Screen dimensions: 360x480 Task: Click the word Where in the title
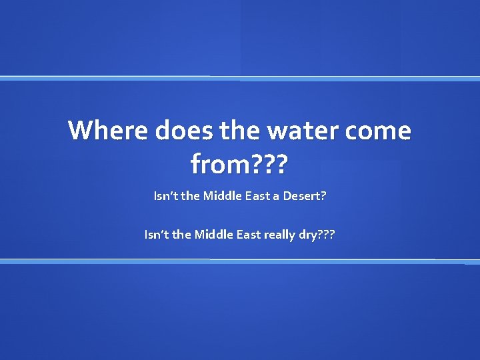click(109, 130)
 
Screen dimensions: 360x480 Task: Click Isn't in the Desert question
click(165, 196)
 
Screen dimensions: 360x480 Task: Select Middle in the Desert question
click(223, 196)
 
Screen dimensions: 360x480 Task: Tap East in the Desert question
click(257, 196)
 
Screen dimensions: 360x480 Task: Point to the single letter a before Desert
click(276, 196)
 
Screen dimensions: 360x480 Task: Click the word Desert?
click(304, 196)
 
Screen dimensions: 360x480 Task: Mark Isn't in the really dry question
click(156, 235)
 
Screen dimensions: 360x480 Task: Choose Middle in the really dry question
click(213, 235)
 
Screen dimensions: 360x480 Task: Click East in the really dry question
click(248, 235)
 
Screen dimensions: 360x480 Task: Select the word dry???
click(317, 235)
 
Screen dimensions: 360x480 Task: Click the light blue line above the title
click(240, 78)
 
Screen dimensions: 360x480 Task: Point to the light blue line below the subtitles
click(240, 261)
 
